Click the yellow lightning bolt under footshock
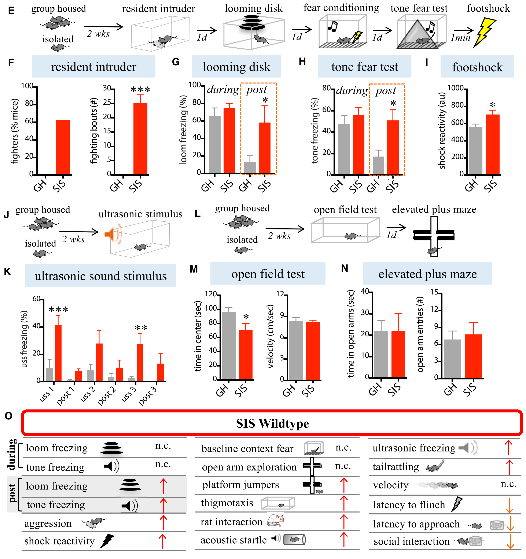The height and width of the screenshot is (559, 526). pyautogui.click(x=484, y=32)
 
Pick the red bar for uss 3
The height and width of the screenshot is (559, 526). pyautogui.click(x=140, y=363)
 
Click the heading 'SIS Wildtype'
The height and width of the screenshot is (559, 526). pyautogui.click(x=272, y=423)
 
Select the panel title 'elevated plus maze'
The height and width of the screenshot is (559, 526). pyautogui.click(x=427, y=274)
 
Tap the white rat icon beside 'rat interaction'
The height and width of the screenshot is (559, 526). pyautogui.click(x=275, y=521)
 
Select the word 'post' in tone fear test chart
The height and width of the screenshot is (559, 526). pyautogui.click(x=386, y=91)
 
